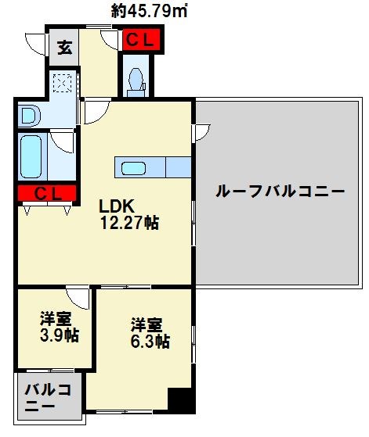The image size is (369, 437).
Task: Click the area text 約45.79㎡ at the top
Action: coord(151,11)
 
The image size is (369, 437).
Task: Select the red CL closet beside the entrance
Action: coord(141,39)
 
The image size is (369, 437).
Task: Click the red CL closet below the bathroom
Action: coord(45,194)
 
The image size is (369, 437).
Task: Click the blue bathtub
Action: coord(32,156)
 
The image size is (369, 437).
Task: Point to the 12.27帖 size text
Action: coord(128,224)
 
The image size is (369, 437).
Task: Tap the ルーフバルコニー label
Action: coord(279,191)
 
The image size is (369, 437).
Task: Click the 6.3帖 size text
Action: coord(149,342)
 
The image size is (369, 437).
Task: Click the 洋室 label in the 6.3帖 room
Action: coord(147,323)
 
